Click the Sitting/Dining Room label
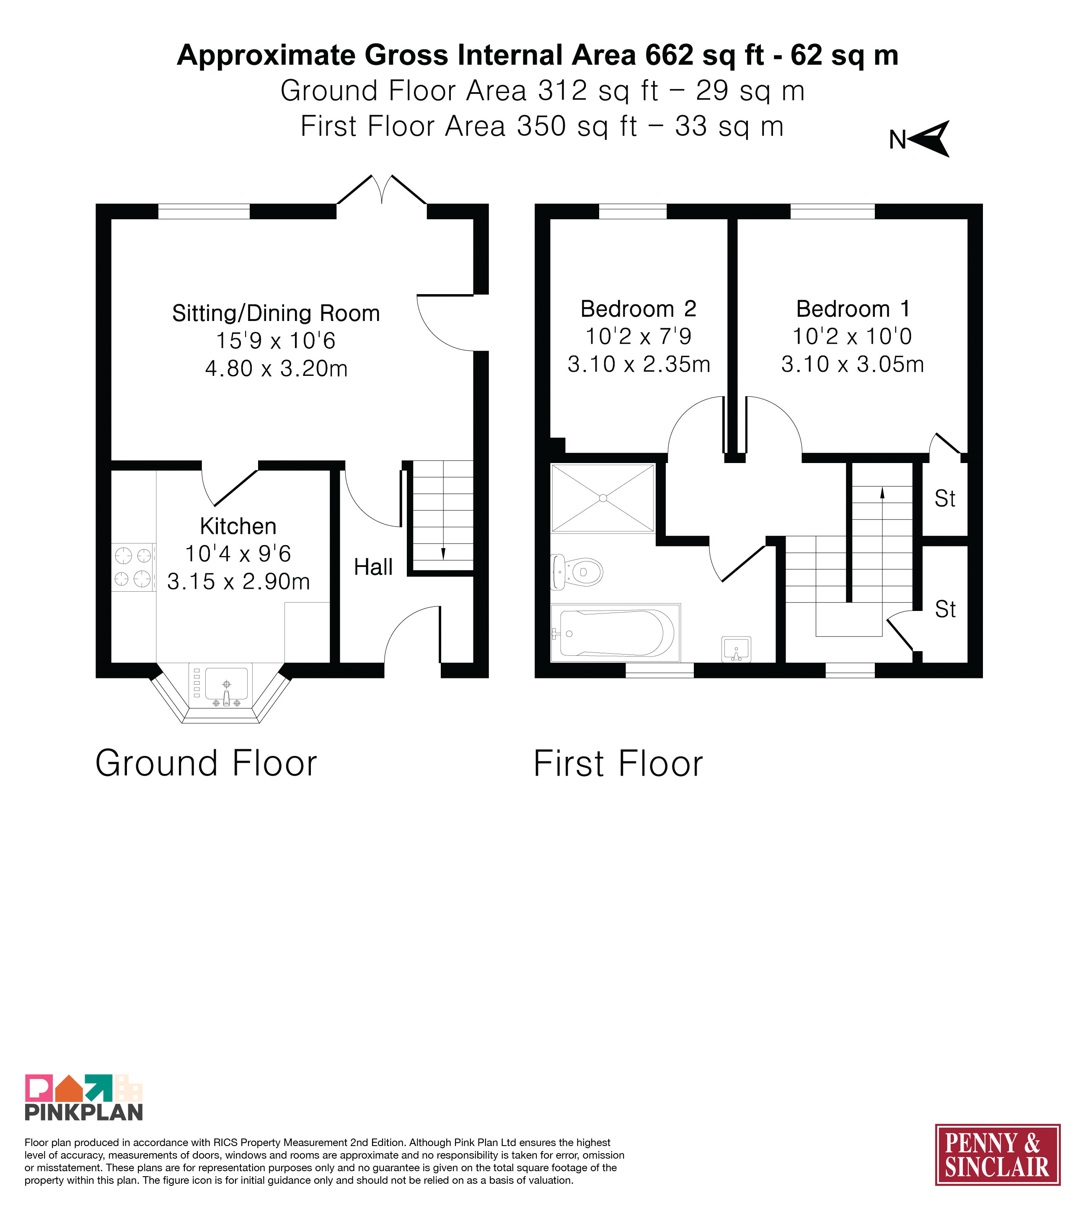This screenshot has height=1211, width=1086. [x=276, y=313]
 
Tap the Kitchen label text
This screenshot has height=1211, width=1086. [x=238, y=526]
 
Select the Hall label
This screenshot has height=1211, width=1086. [x=373, y=567]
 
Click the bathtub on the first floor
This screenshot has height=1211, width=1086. [x=615, y=633]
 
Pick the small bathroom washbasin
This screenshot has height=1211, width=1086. [x=736, y=650]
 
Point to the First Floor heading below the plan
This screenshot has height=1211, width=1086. [x=618, y=763]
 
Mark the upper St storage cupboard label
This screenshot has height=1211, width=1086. [x=945, y=498]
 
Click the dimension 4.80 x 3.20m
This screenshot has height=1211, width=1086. [x=276, y=369]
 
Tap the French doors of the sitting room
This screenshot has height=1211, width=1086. [x=382, y=190]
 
